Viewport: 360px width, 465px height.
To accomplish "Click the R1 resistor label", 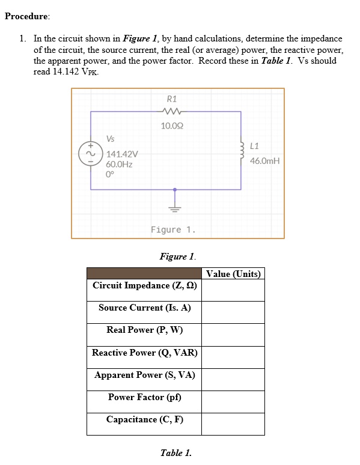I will point(172,99).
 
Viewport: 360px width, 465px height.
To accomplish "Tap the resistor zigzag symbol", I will point(172,111).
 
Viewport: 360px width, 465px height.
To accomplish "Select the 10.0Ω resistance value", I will point(172,126).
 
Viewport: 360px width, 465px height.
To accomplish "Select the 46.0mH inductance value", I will point(265,161).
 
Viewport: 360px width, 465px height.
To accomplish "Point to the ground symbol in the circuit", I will point(175,208).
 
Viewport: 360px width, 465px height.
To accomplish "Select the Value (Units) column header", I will point(233,274).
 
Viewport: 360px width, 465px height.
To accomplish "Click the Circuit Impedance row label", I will point(144,285).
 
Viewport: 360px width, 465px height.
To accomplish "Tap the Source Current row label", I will point(144,308).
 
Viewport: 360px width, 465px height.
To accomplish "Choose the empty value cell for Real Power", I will point(233,330).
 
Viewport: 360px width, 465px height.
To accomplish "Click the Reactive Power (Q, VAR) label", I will point(144,353).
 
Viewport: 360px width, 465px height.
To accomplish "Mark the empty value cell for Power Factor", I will point(233,397).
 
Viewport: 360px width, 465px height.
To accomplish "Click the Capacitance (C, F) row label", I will point(144,419).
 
